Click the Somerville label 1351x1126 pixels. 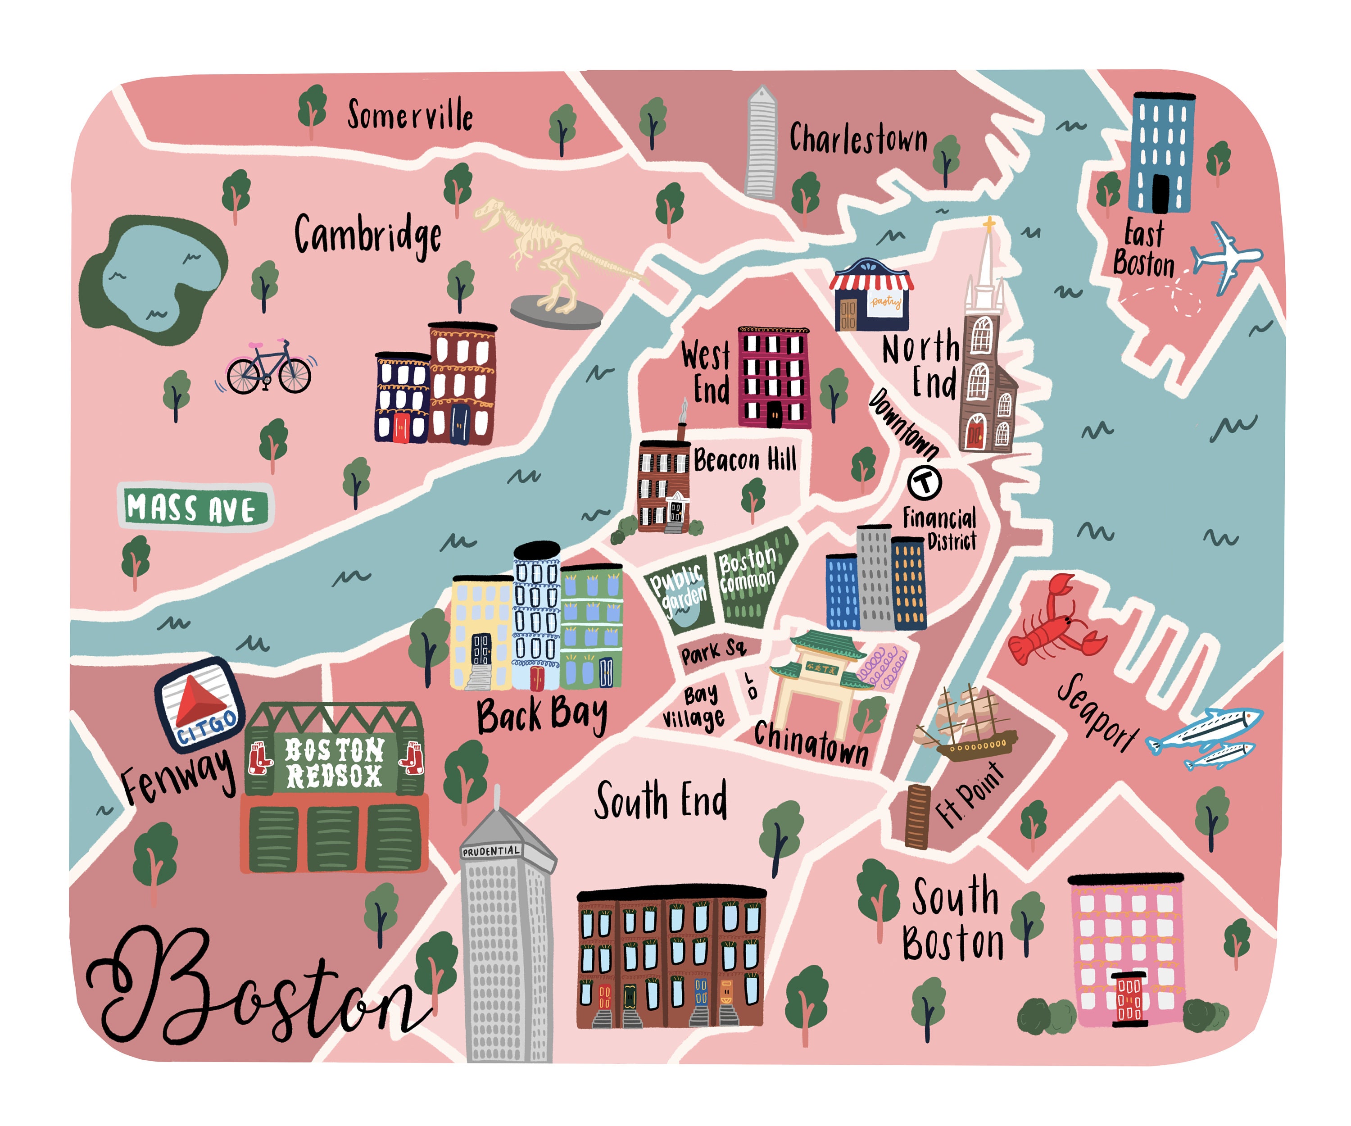click(x=410, y=116)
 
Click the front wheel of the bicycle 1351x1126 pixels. click(x=295, y=376)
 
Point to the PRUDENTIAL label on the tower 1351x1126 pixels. click(x=490, y=851)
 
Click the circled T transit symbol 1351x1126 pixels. click(x=925, y=481)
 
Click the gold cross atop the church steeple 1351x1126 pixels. click(x=989, y=225)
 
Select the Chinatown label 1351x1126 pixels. click(x=811, y=743)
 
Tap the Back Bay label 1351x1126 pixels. click(x=542, y=716)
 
